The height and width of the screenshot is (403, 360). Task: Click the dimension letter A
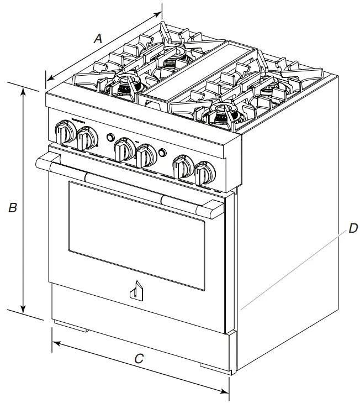98,39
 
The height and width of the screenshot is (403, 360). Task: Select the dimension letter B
12,208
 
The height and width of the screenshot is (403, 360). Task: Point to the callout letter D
352,227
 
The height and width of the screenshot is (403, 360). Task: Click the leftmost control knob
65,133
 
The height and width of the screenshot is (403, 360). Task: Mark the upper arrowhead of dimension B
23,91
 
